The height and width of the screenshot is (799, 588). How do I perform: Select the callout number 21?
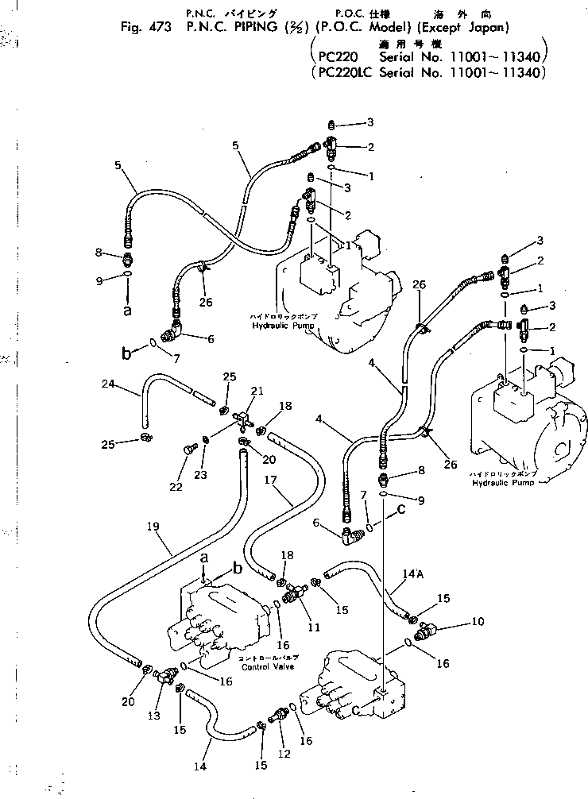[x=257, y=391]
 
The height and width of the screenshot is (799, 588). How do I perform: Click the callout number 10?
[x=476, y=621]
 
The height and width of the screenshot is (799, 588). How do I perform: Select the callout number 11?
[x=313, y=627]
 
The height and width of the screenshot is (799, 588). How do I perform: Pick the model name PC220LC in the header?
[x=342, y=72]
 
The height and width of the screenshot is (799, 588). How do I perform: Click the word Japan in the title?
[x=484, y=28]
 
